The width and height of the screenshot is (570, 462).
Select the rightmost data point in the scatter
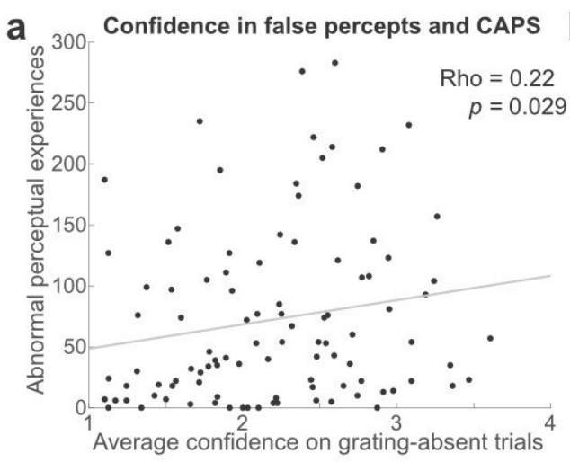[490, 338]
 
